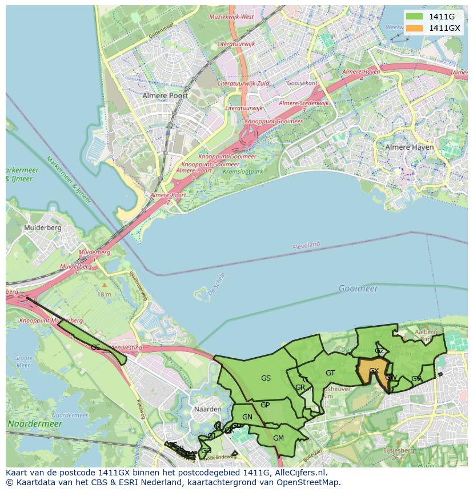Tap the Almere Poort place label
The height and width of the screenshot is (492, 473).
pos(165,95)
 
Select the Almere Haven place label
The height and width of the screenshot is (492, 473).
pos(410,147)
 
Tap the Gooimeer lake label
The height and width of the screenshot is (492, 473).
pos(358,289)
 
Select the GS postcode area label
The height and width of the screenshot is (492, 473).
pos(266,378)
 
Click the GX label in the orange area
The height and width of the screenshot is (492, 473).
pos(374,371)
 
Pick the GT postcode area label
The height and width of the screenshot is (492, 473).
pos(330,373)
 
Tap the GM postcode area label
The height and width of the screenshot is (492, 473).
pos(278,438)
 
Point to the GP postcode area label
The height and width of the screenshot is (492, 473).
pos(265,405)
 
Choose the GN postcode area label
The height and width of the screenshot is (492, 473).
pos(247,417)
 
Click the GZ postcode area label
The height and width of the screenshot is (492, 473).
pos(379,351)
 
